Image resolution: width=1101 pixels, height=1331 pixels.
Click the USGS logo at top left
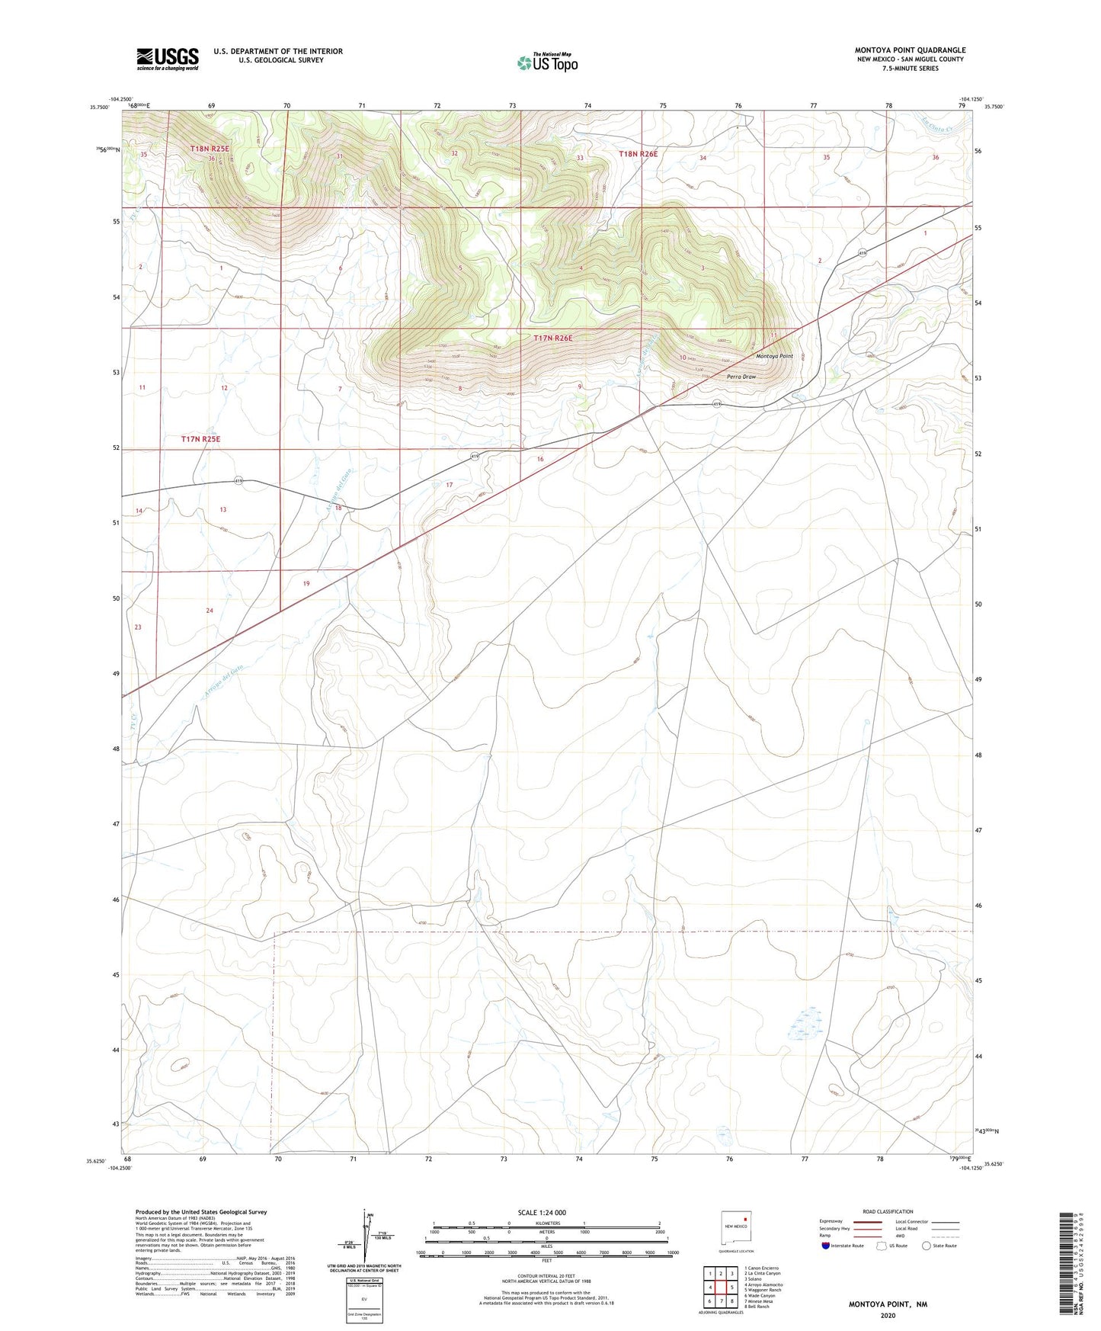(x=168, y=59)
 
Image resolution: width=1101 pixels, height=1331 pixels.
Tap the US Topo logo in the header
(x=547, y=63)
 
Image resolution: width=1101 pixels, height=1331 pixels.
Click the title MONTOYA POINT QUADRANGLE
(x=910, y=50)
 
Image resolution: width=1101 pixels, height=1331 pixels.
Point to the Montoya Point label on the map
(x=774, y=356)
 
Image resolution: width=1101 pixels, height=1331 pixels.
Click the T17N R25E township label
(x=200, y=439)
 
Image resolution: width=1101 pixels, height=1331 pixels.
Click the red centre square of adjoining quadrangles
(x=721, y=1287)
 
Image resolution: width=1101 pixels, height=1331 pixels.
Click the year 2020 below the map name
(x=887, y=1315)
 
